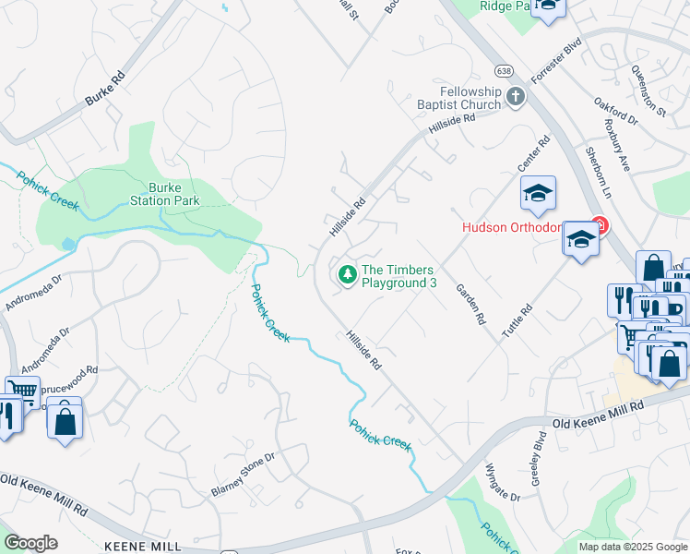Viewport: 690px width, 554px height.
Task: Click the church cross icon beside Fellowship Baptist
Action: (515, 96)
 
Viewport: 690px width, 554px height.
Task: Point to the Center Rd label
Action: (533, 153)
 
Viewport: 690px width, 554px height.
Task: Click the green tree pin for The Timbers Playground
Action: (347, 274)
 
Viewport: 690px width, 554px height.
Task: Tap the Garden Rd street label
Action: (470, 304)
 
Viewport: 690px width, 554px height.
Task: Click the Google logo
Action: (31, 543)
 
